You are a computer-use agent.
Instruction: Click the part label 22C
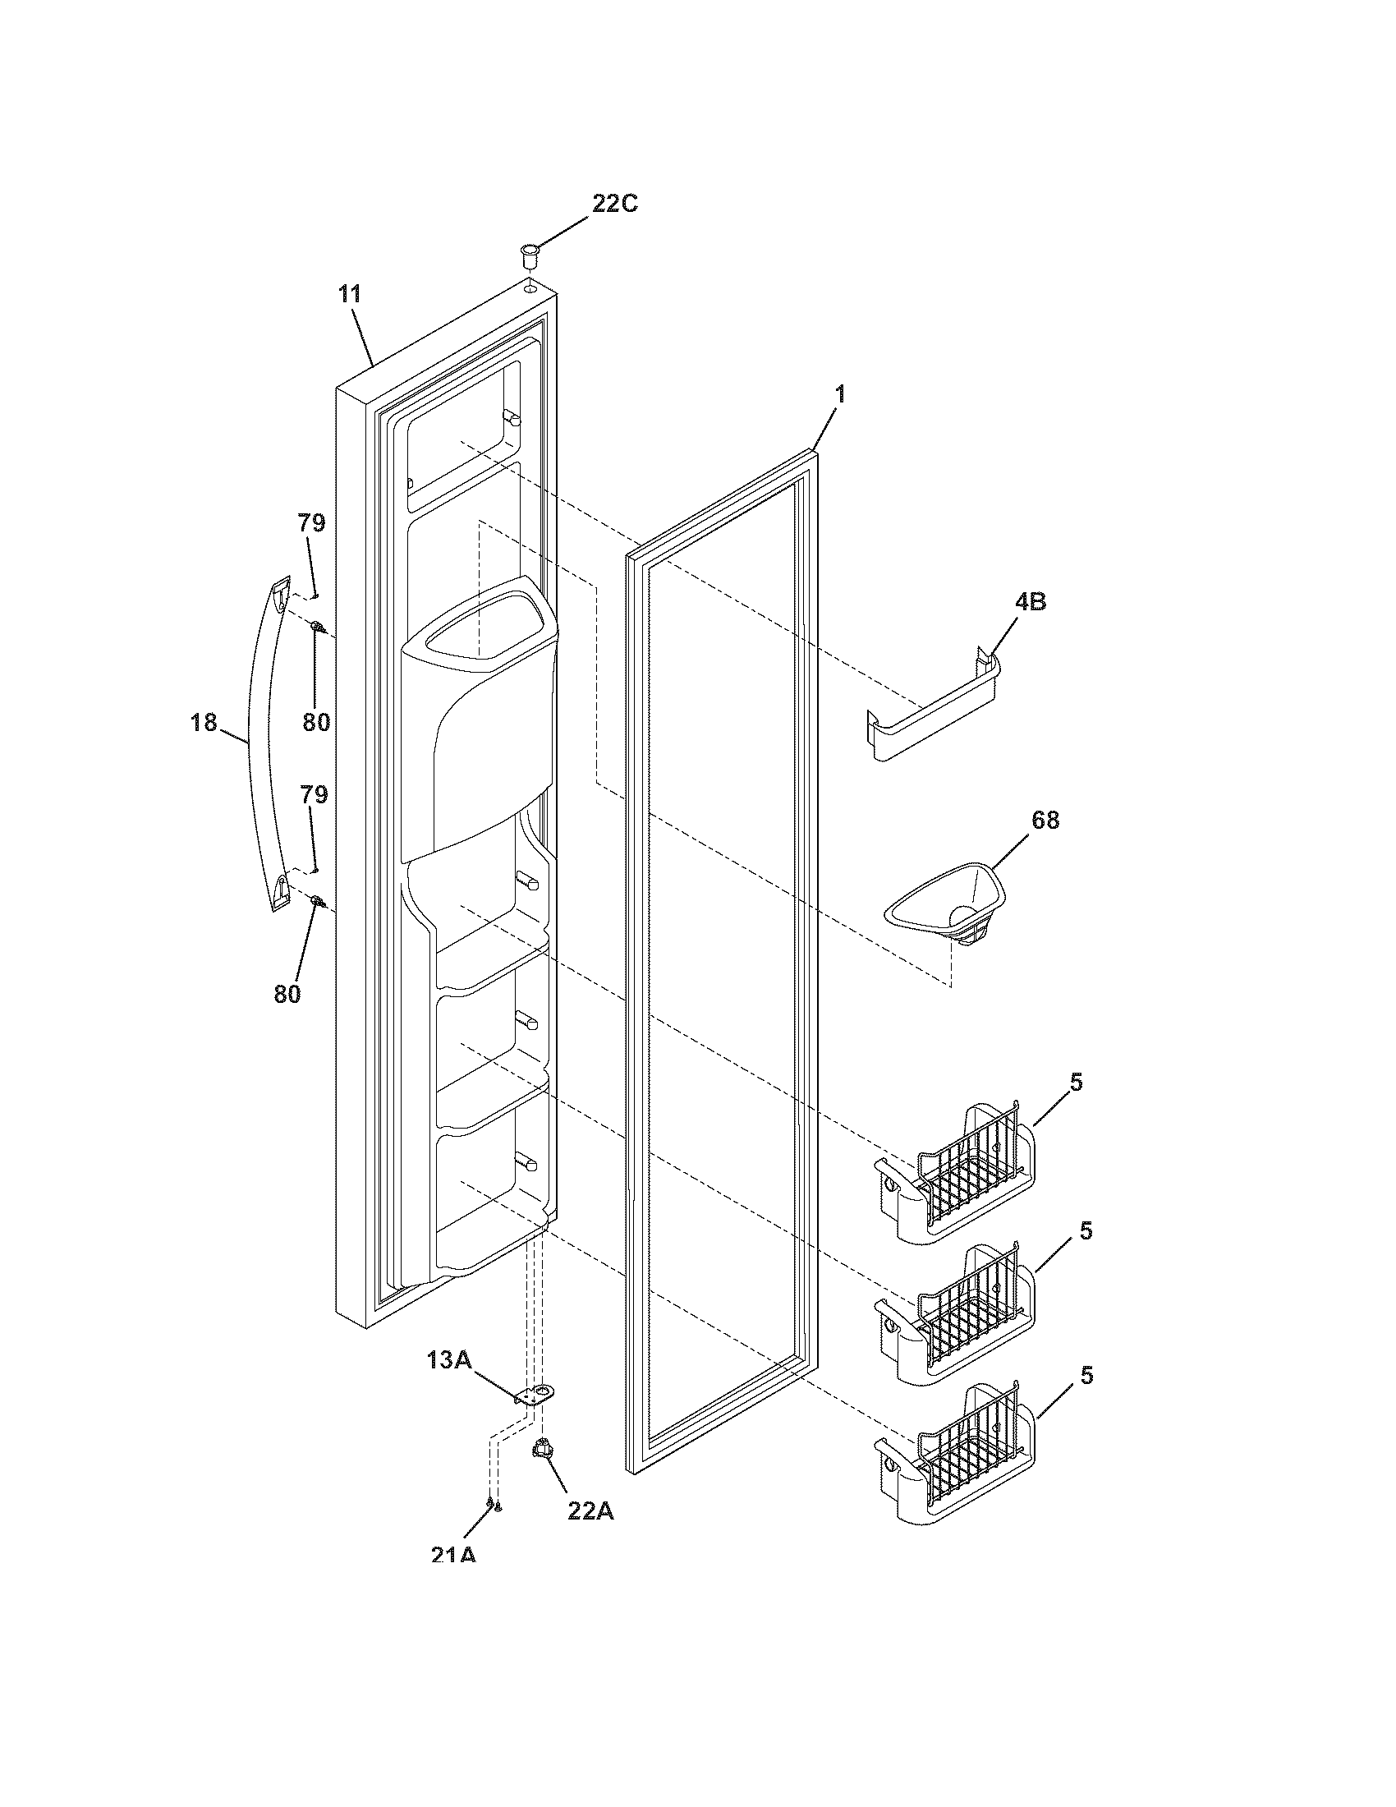(615, 204)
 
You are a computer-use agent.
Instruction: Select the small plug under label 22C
(528, 254)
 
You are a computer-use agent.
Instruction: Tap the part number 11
(349, 294)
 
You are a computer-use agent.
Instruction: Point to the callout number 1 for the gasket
(840, 394)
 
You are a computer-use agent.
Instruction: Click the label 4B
(1030, 601)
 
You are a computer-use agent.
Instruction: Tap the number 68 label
(1045, 820)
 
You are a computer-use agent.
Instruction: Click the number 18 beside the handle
(204, 722)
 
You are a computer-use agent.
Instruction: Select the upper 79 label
(312, 523)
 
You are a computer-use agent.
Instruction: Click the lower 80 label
(287, 994)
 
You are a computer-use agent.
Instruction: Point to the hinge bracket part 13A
(535, 1396)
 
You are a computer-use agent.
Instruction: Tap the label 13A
(448, 1359)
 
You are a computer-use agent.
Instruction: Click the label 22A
(590, 1510)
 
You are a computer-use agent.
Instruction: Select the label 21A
(453, 1555)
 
